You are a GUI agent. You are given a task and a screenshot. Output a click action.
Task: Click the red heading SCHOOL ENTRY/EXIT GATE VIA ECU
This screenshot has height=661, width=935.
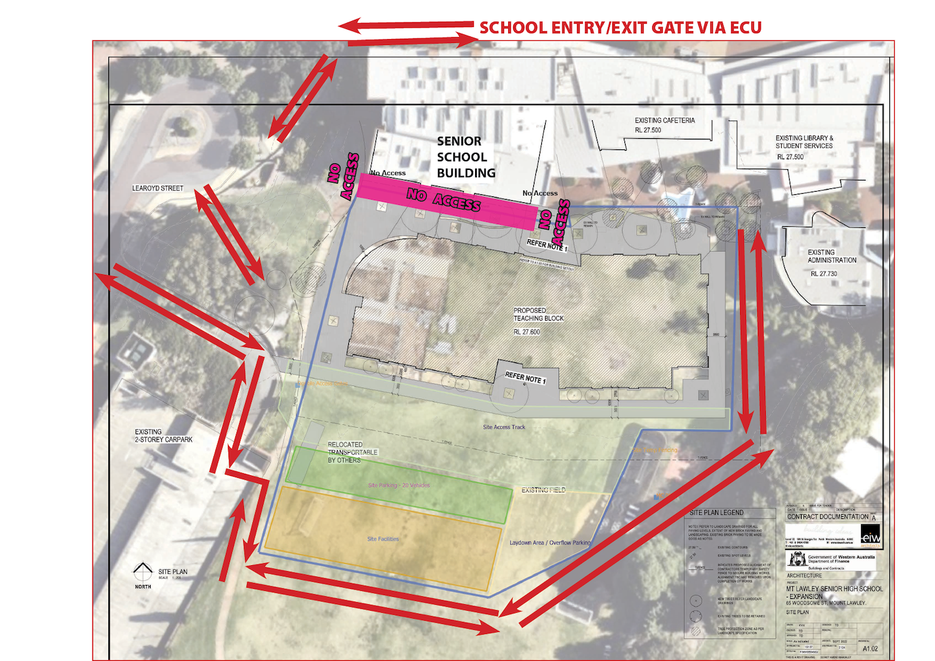click(x=620, y=28)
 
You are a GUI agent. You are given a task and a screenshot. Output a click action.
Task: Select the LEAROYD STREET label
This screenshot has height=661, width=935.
click(x=157, y=188)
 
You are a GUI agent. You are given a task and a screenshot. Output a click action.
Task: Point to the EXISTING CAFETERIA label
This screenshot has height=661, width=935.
click(x=664, y=120)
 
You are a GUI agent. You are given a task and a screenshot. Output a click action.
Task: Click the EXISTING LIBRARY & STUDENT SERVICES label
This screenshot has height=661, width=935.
click(x=804, y=142)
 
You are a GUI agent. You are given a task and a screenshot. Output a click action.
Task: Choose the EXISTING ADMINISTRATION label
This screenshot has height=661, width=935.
click(x=831, y=256)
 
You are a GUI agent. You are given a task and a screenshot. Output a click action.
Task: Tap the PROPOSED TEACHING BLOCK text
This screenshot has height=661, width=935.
click(x=539, y=314)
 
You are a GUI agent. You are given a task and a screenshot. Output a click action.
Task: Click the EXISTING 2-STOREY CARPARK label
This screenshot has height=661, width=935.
click(x=163, y=436)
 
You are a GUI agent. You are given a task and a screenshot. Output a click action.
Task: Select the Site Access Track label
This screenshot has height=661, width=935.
click(x=504, y=427)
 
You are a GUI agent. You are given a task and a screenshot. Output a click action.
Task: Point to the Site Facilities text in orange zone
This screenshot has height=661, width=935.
click(x=383, y=539)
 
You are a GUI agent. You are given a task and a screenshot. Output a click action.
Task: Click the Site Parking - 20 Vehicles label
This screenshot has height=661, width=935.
click(x=398, y=485)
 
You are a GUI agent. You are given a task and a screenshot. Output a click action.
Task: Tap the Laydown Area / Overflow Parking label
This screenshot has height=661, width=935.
click(x=550, y=543)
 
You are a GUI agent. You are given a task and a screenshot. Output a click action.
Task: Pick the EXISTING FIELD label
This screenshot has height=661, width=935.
click(x=543, y=490)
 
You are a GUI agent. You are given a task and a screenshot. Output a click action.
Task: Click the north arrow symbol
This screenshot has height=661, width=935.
click(x=143, y=570)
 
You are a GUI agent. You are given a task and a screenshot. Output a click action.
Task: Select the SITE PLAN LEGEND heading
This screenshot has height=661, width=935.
click(x=716, y=513)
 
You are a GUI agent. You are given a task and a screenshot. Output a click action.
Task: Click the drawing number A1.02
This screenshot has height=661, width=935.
click(x=870, y=648)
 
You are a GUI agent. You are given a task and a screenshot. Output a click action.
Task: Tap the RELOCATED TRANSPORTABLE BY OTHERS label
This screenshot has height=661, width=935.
click(x=352, y=452)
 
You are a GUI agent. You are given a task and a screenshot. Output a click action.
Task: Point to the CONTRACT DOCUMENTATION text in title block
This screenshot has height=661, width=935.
click(x=827, y=517)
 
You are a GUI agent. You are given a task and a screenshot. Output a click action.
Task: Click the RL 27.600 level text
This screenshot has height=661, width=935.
click(x=527, y=332)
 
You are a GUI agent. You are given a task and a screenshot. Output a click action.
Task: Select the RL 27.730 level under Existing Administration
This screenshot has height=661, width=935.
click(x=823, y=274)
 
